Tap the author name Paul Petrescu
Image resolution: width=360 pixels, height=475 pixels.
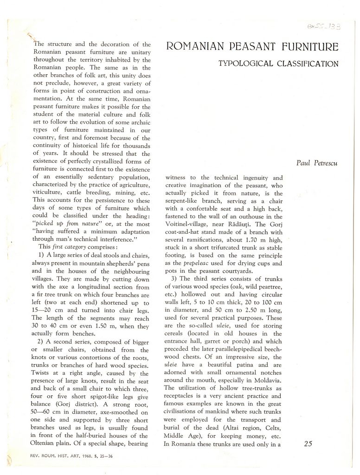[x=317, y=163]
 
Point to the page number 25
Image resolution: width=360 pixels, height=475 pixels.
[x=308, y=443]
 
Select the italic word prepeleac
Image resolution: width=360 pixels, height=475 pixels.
[x=197, y=263]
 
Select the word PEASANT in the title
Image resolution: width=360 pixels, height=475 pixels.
[x=247, y=47]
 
